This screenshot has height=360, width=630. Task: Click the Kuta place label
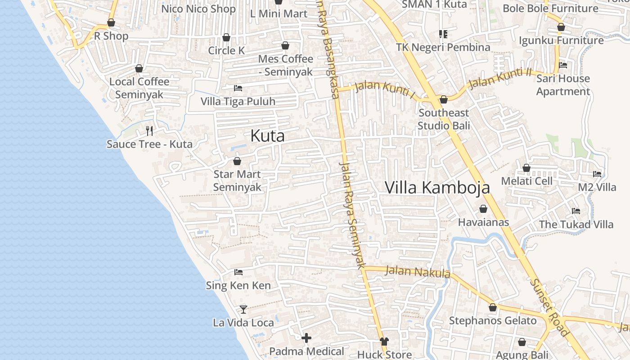tap(267, 135)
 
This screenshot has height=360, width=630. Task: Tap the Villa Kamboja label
tap(437, 187)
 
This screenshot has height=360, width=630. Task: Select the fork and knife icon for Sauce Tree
tap(149, 131)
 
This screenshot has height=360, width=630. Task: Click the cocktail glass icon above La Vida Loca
tap(243, 309)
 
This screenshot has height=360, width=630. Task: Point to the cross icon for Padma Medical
tap(306, 337)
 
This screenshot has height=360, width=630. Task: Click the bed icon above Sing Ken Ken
tap(238, 272)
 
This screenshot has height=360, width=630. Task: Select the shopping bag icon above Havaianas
tap(483, 209)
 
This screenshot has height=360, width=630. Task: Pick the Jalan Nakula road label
tap(418, 271)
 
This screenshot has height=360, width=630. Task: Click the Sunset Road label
tap(549, 308)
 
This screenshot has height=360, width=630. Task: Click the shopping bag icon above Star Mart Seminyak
tap(237, 161)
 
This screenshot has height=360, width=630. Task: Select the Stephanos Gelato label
tap(493, 321)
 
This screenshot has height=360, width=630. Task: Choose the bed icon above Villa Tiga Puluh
tap(238, 88)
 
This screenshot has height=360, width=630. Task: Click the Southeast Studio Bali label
tap(443, 119)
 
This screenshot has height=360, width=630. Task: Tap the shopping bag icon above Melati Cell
tap(526, 168)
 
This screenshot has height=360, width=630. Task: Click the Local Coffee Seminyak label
tap(139, 88)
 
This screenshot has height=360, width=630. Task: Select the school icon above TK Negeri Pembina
tap(443, 34)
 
